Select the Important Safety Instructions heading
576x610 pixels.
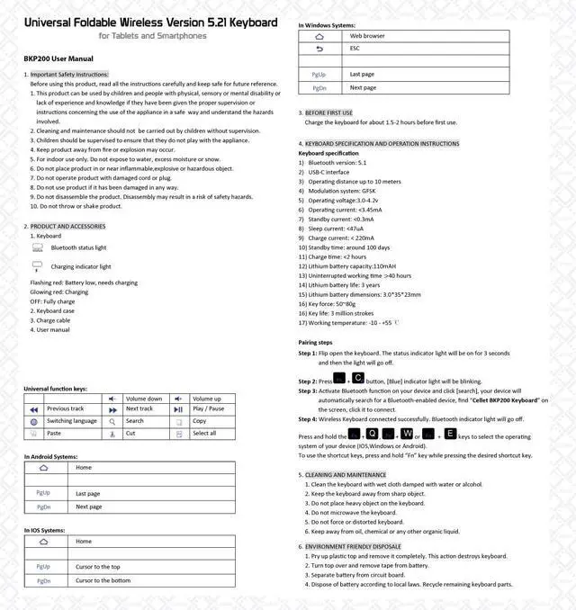[69, 74]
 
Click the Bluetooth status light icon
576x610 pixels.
[37, 247]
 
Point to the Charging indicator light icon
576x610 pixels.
[37, 265]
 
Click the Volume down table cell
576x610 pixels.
[143, 399]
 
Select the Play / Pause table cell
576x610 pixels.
[208, 408]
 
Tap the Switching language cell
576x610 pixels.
[72, 421]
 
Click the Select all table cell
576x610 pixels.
[204, 433]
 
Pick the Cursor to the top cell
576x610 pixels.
[98, 567]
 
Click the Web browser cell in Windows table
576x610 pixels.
[367, 36]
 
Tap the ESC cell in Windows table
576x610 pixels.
[355, 49]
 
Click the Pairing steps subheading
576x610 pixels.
[315, 343]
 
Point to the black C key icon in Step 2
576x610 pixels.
[357, 378]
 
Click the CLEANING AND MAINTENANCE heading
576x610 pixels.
[346, 474]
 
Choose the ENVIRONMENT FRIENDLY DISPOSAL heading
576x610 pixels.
[353, 546]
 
